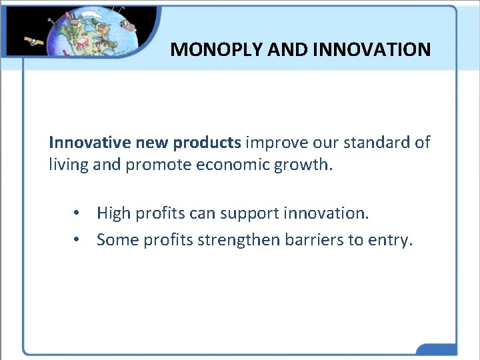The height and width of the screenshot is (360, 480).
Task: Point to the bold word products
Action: (207, 142)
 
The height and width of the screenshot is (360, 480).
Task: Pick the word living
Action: (69, 164)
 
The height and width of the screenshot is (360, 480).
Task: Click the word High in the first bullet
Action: (113, 213)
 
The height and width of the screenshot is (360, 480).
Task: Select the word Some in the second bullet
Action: (116, 239)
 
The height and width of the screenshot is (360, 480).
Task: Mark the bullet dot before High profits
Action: (78, 213)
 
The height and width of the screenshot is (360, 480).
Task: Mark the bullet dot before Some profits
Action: (78, 239)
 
